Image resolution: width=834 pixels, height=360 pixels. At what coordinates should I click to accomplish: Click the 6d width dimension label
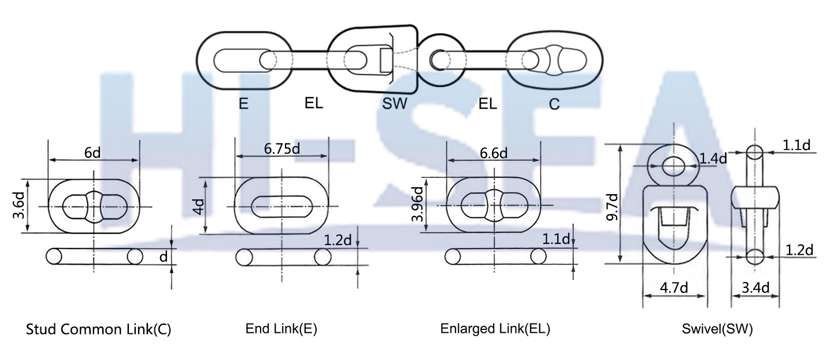[93, 153]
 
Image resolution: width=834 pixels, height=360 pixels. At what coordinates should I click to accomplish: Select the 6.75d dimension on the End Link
[281, 148]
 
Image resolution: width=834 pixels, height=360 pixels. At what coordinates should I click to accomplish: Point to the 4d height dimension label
[199, 206]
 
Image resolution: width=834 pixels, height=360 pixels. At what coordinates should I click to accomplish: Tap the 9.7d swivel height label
[612, 207]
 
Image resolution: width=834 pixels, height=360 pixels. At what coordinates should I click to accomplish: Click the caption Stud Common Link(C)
[99, 329]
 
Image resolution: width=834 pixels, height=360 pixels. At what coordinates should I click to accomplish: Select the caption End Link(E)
[281, 329]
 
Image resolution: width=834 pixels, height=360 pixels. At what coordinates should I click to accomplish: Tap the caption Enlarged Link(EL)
[495, 329]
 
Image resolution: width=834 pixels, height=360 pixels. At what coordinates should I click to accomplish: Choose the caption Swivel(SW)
[717, 329]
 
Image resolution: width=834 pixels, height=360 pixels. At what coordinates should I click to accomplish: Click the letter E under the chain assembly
[243, 104]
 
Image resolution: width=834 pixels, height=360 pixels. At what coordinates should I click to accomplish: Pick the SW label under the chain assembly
[395, 105]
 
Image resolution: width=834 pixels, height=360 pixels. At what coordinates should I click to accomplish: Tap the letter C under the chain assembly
[554, 105]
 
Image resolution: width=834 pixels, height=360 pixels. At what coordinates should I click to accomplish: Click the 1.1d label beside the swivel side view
[798, 145]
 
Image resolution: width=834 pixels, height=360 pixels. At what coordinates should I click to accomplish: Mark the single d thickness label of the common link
[164, 256]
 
